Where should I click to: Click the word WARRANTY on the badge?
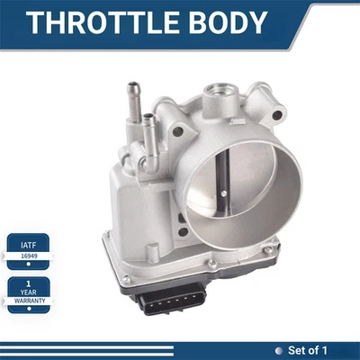29,301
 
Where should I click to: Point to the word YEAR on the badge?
29,292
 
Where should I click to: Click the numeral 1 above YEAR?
29,283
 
